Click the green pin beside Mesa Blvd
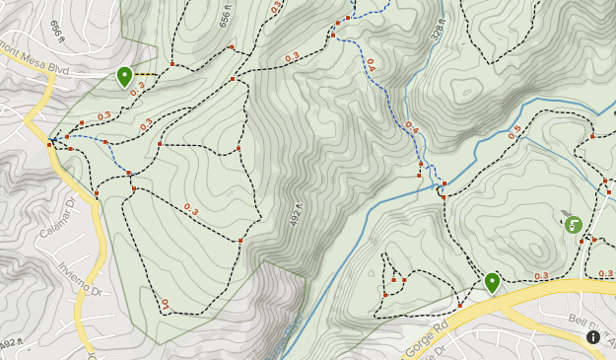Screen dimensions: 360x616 (124, 75)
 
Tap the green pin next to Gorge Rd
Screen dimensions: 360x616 (492, 282)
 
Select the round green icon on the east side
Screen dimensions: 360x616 (573, 225)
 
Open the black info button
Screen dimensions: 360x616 (593, 337)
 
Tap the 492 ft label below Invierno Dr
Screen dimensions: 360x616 (9, 343)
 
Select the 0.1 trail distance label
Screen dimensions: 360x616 (165, 304)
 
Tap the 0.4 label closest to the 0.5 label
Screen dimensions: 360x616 (411, 127)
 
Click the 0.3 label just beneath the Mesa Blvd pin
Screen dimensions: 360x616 (137, 87)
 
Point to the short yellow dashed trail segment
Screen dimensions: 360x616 (146, 74)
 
